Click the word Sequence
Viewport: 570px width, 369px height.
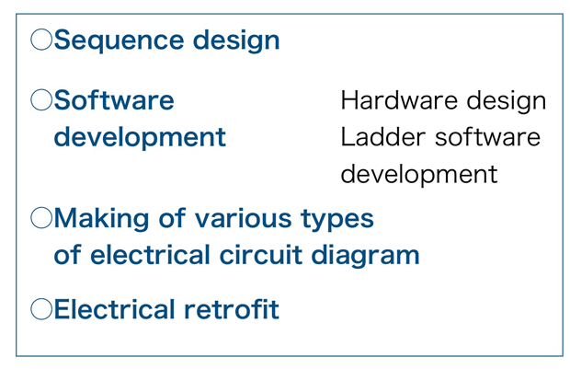(120, 40)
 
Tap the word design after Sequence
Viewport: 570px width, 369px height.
(236, 40)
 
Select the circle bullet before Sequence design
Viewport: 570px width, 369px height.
(41, 40)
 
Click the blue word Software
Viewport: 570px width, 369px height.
(114, 99)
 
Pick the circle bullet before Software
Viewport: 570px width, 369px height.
(41, 99)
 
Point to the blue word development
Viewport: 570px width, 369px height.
(140, 138)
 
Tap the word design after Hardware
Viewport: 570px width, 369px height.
(507, 102)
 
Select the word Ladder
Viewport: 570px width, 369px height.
(383, 137)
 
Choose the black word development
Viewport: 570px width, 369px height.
(419, 175)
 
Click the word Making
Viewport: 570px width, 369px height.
(102, 219)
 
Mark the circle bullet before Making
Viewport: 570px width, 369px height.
(41, 217)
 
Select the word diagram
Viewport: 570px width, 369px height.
(365, 256)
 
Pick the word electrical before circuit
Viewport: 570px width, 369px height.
(150, 254)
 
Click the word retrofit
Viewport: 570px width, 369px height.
(232, 309)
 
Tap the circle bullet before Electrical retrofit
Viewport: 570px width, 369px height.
(41, 309)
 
